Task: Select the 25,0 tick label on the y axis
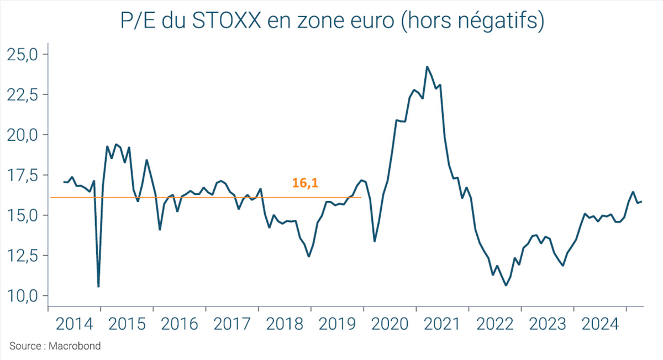point(20,54)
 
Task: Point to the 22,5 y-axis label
point(20,94)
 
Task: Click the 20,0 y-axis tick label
point(20,135)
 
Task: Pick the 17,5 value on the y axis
point(20,175)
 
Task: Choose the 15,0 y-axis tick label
point(20,215)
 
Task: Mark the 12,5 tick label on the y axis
point(20,256)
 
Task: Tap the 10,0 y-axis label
point(20,296)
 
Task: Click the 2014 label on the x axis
point(74,324)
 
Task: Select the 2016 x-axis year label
point(179,324)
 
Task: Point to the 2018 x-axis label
point(284,324)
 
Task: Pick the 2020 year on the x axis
point(390,324)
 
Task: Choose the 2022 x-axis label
point(494,324)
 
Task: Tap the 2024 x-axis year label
point(599,324)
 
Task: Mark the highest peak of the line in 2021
point(427,67)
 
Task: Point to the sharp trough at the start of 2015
point(98,287)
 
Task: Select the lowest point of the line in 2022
point(506,285)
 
